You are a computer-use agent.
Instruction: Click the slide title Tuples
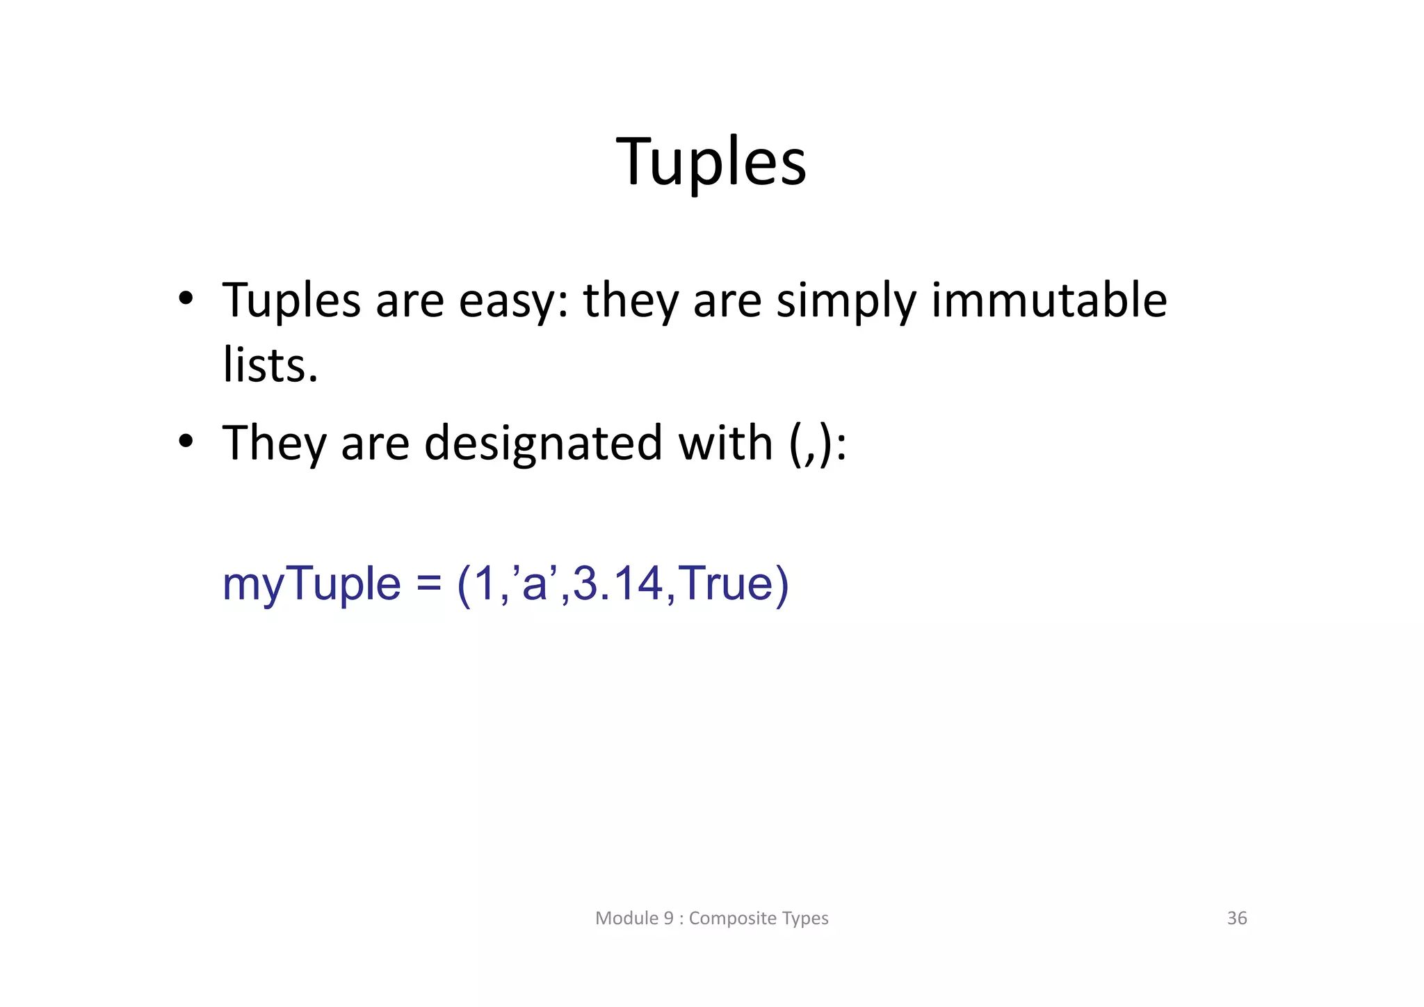click(711, 162)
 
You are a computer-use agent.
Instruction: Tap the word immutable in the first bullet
click(1049, 300)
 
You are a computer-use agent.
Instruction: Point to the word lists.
click(270, 365)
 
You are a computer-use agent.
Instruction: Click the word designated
click(543, 444)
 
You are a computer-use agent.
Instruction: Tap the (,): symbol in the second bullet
click(818, 444)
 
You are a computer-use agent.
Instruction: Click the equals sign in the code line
click(428, 584)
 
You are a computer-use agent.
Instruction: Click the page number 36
click(1237, 918)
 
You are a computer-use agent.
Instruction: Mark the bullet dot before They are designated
click(185, 442)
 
